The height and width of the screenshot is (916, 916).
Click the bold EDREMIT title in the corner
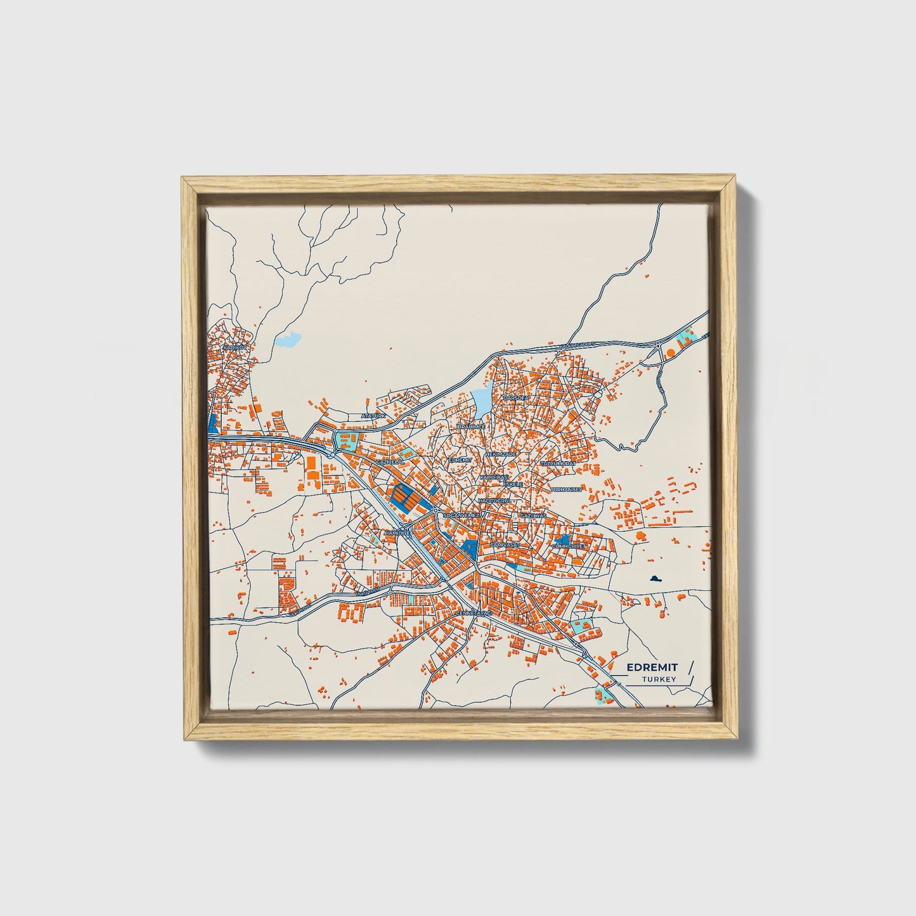[652, 667]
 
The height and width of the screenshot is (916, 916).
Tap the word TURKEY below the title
[659, 680]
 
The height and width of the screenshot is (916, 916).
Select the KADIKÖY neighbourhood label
[233, 348]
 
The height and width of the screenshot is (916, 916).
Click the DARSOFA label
[515, 398]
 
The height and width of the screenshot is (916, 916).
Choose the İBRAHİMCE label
[470, 427]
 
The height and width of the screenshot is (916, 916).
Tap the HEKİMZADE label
[501, 455]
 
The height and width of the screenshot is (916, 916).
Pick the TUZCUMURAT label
[558, 464]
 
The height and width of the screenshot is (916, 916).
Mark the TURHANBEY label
[566, 490]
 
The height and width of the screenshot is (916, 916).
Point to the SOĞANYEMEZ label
[460, 516]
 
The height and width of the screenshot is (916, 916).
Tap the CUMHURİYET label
[570, 546]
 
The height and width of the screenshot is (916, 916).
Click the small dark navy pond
[655, 578]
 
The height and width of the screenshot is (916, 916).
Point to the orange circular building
[670, 351]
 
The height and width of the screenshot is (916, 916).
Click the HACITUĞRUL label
[494, 501]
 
